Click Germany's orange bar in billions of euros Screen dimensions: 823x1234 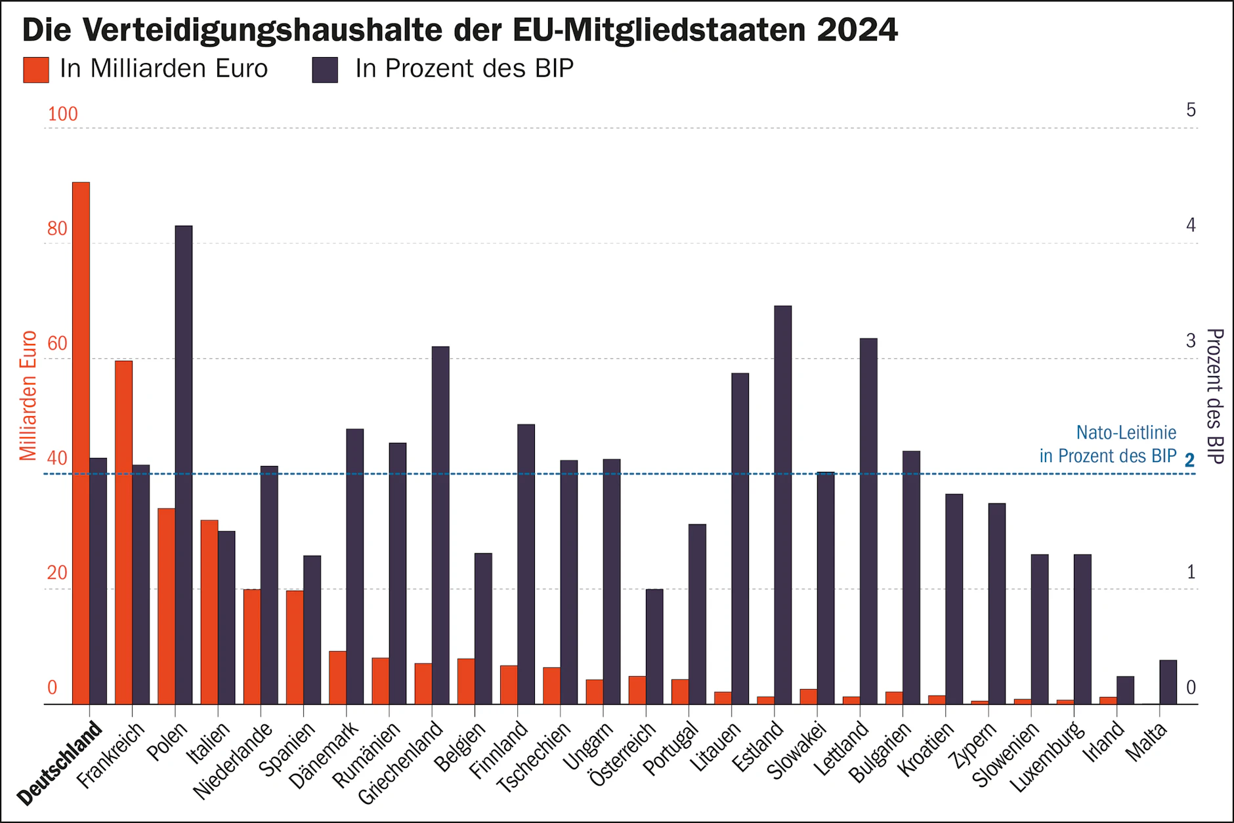81,443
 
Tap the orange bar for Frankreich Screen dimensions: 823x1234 123,532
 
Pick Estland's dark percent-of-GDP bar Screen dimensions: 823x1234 783,505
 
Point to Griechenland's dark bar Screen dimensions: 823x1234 440,525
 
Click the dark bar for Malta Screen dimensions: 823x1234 1168,682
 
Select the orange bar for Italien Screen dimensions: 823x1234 209,612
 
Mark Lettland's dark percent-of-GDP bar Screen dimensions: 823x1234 868,521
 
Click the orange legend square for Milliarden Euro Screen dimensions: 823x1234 36,70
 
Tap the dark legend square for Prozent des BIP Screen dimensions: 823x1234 325,70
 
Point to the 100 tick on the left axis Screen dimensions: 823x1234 62,114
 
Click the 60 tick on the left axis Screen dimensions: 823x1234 57,343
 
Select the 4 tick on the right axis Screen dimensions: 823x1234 1191,226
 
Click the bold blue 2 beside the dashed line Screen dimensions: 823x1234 1189,461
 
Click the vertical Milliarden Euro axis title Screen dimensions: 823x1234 28,395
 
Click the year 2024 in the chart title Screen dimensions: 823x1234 857,30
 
